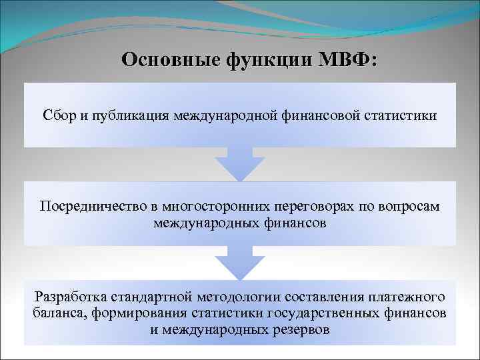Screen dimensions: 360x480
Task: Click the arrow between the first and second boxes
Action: [x=240, y=163]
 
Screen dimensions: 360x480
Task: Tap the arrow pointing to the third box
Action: [x=240, y=263]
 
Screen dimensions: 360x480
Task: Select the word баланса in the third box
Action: [x=56, y=313]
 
